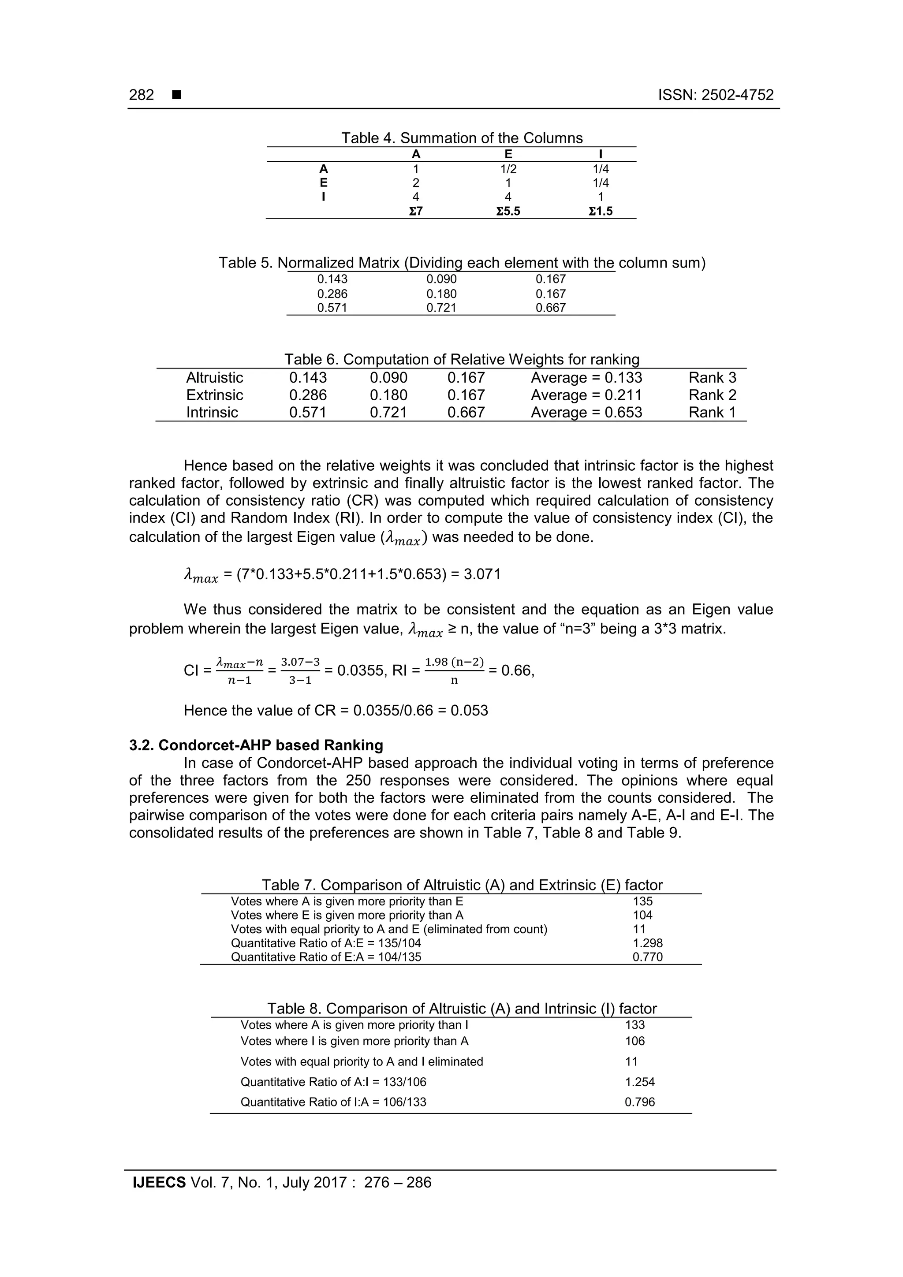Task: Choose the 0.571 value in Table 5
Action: (x=332, y=308)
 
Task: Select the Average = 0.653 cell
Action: (x=586, y=413)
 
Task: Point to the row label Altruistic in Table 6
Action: (x=214, y=378)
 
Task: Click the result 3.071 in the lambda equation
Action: (x=482, y=574)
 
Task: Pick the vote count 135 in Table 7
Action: (x=642, y=901)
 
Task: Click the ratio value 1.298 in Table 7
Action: (x=648, y=943)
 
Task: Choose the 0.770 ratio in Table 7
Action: (x=648, y=957)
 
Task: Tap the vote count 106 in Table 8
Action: (x=635, y=1041)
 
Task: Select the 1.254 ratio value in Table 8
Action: (x=640, y=1082)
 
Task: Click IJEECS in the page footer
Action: (x=159, y=1183)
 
